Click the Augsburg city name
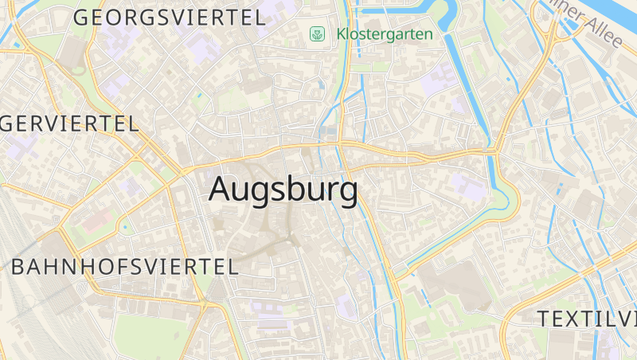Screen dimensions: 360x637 tap(283, 190)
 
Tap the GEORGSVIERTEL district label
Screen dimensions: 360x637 tap(169, 18)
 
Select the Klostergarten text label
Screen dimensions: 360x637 tap(385, 34)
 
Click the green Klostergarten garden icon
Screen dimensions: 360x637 tap(317, 34)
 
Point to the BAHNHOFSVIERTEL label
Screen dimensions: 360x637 tap(124, 267)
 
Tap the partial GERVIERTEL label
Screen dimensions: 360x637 tap(70, 123)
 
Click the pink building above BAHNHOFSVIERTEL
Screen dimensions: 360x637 tap(94, 220)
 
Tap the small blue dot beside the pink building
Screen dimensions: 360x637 tap(125, 228)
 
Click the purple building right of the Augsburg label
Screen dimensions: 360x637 tap(468, 187)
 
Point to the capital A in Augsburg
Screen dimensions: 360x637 tap(221, 190)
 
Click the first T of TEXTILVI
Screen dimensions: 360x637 tap(544, 319)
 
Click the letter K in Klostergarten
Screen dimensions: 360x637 tap(342, 34)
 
